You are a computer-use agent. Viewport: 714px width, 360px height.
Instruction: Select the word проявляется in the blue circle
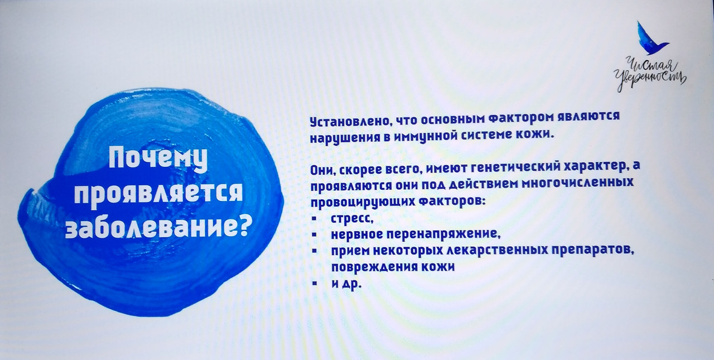(158, 195)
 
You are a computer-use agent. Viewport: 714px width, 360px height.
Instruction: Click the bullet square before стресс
(314, 219)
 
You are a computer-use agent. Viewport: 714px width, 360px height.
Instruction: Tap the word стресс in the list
(352, 219)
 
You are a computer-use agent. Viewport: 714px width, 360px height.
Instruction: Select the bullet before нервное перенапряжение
(314, 235)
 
